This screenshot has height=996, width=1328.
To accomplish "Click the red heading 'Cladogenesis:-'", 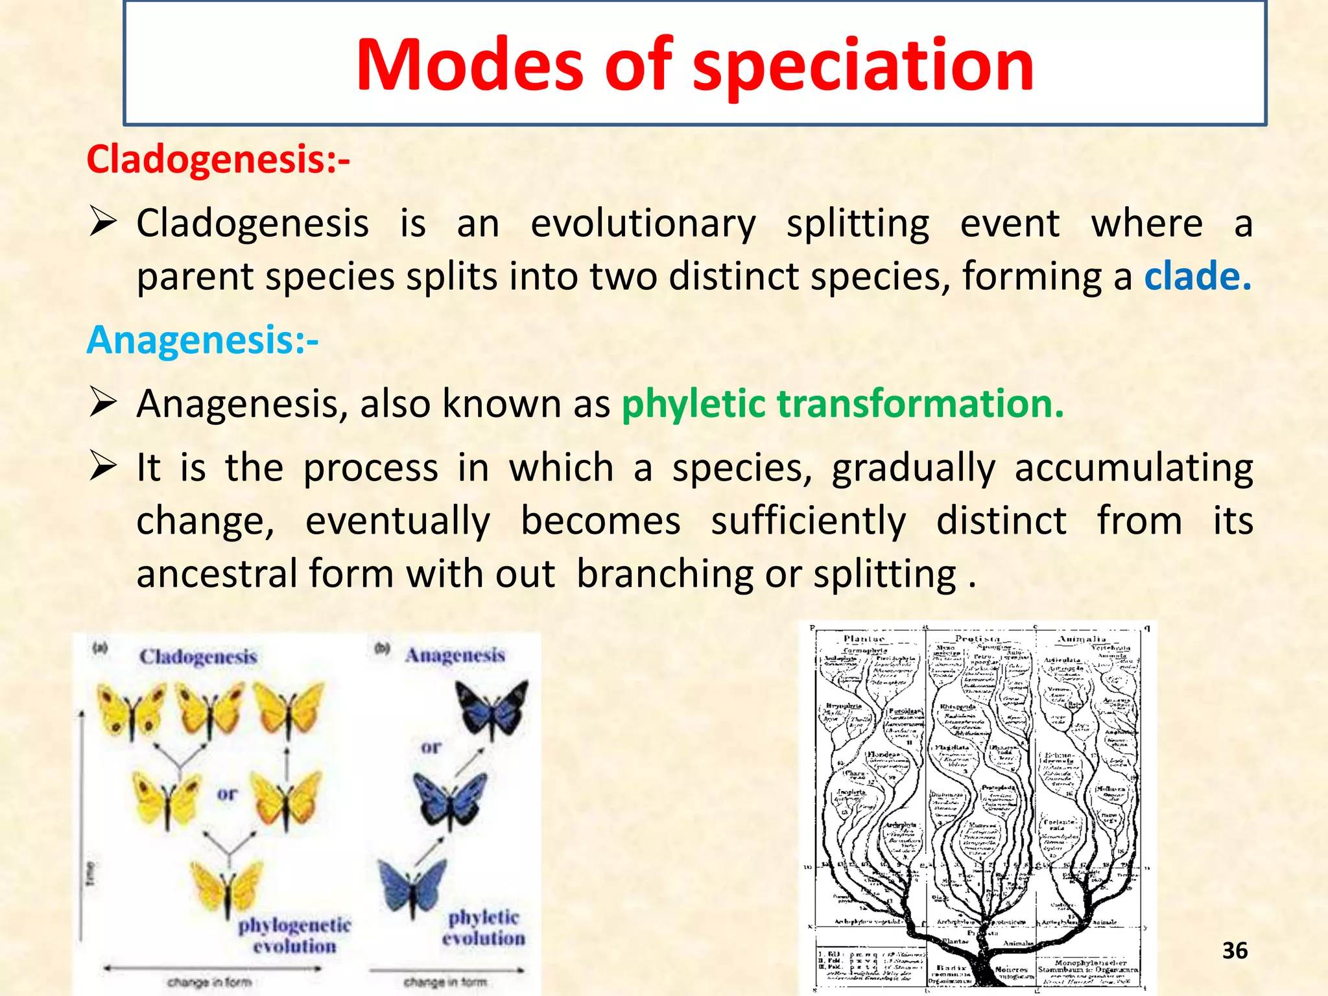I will pyautogui.click(x=218, y=160).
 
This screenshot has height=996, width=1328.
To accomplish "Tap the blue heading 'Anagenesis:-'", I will pyautogui.click(x=202, y=340).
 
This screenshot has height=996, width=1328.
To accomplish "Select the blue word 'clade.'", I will pyautogui.click(x=1197, y=277).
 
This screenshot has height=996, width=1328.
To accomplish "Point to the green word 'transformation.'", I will pyautogui.click(x=921, y=404).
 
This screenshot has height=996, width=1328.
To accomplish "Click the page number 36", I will pyautogui.click(x=1235, y=951).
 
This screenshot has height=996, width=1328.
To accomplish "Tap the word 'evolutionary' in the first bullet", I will pyautogui.click(x=643, y=224).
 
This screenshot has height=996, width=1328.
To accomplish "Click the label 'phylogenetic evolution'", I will pyautogui.click(x=294, y=935).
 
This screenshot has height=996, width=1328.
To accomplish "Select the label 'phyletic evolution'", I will pyautogui.click(x=484, y=928).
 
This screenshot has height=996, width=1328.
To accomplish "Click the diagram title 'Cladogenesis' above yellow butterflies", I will pyautogui.click(x=198, y=656).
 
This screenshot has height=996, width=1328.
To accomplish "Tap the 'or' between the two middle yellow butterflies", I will pyautogui.click(x=226, y=794).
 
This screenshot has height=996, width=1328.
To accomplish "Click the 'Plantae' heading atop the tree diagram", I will pyautogui.click(x=864, y=639).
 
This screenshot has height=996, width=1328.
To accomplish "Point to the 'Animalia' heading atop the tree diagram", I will pyautogui.click(x=1082, y=639).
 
